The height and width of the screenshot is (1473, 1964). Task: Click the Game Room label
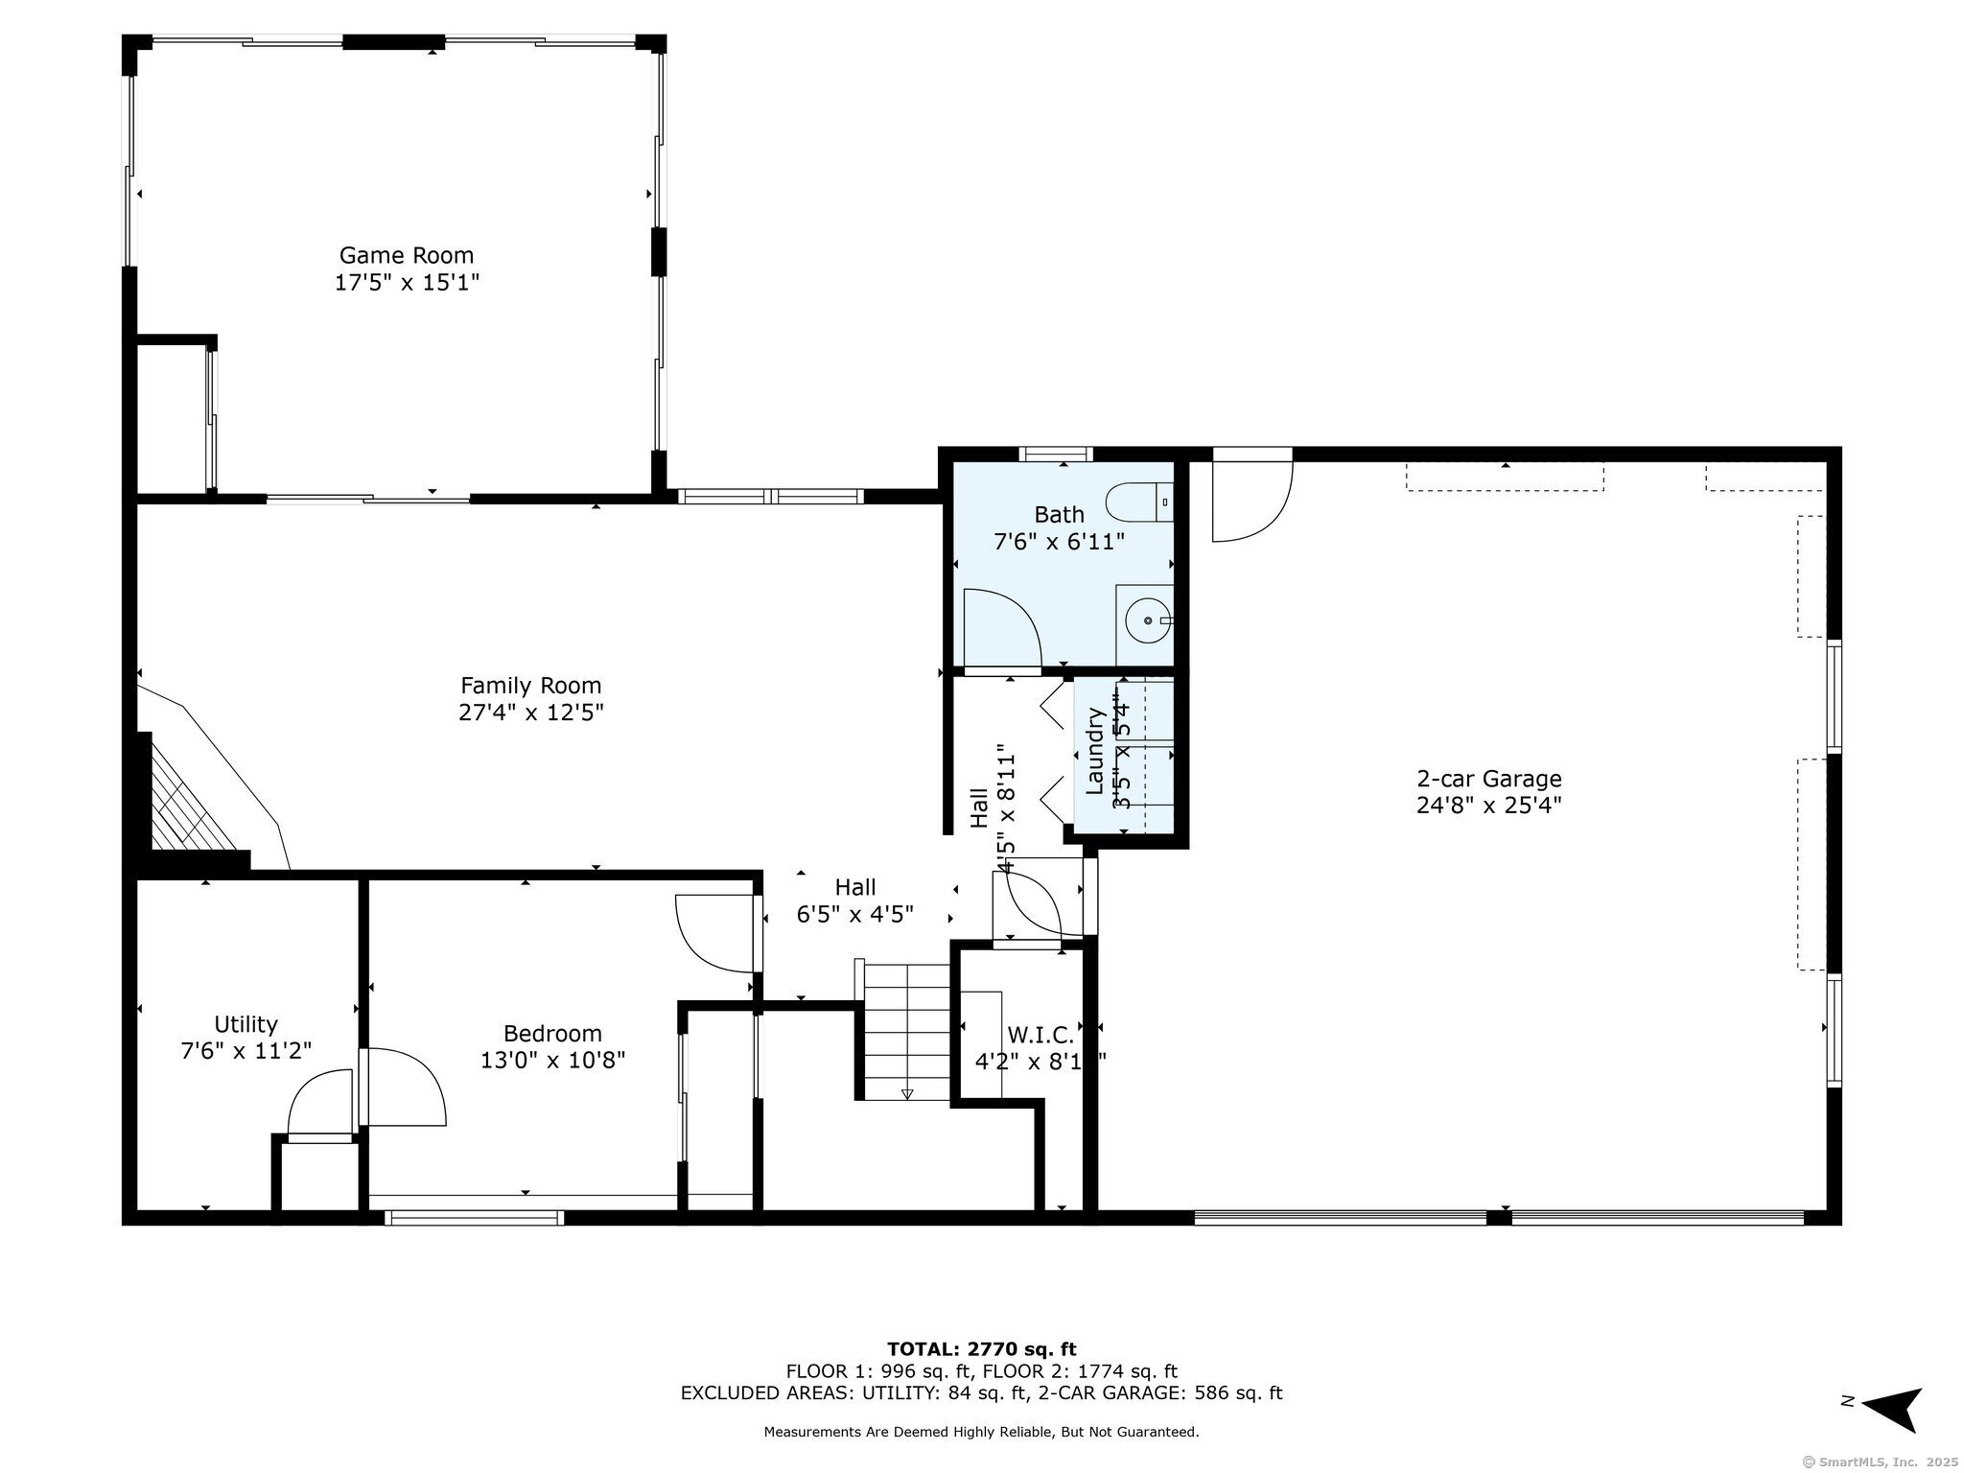coord(406,255)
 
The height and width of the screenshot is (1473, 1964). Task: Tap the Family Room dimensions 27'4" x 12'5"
coord(530,713)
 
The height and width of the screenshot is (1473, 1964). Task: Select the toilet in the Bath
coord(1137,502)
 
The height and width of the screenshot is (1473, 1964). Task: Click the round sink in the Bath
coord(1148,620)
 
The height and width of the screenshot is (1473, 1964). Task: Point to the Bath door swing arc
coord(1002,628)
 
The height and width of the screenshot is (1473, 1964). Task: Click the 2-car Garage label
coord(1488,779)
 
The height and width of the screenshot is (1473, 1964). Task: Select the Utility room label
coord(245,1023)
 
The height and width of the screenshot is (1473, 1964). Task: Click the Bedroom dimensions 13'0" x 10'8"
coord(552,1060)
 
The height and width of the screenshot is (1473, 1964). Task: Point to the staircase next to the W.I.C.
coord(906,1031)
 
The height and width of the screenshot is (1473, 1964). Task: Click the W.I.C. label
coord(1040,1035)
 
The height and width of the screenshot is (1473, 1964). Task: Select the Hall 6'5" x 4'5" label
coord(854,900)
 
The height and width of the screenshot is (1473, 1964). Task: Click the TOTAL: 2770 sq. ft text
coord(981,1349)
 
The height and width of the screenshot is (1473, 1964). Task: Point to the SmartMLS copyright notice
coord(1880,1461)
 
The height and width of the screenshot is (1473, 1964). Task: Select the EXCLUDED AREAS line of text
coord(981,1393)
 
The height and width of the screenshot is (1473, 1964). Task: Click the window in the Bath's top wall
coord(1055,455)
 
